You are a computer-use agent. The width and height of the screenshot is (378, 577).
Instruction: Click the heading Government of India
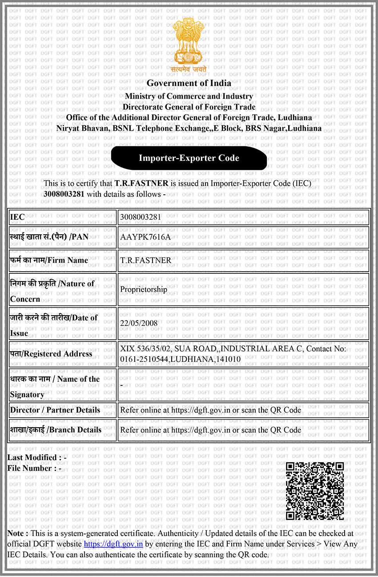point(189,83)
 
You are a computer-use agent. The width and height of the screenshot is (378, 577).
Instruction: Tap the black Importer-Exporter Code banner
point(189,158)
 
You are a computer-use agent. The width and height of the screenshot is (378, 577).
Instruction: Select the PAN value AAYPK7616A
point(145,237)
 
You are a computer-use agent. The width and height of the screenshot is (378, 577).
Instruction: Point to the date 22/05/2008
point(139,323)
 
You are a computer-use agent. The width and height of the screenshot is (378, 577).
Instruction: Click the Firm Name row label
point(49,260)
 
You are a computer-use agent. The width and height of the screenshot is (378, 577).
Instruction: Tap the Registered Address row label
point(51,354)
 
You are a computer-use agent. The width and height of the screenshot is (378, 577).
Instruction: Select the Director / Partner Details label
point(55,410)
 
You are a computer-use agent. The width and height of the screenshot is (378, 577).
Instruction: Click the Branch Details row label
point(56,430)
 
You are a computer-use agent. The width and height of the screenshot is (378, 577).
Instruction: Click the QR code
point(314,491)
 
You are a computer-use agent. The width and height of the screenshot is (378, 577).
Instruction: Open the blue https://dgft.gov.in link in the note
point(113,544)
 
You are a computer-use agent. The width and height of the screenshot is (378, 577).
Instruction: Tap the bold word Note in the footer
point(18,533)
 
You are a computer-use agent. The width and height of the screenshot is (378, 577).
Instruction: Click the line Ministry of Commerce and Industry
point(189,96)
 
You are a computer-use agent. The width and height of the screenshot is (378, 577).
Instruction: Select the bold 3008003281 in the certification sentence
point(64,194)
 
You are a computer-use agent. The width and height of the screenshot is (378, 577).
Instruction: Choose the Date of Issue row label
point(53,325)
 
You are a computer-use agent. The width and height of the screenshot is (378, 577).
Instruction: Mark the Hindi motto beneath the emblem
point(189,68)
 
